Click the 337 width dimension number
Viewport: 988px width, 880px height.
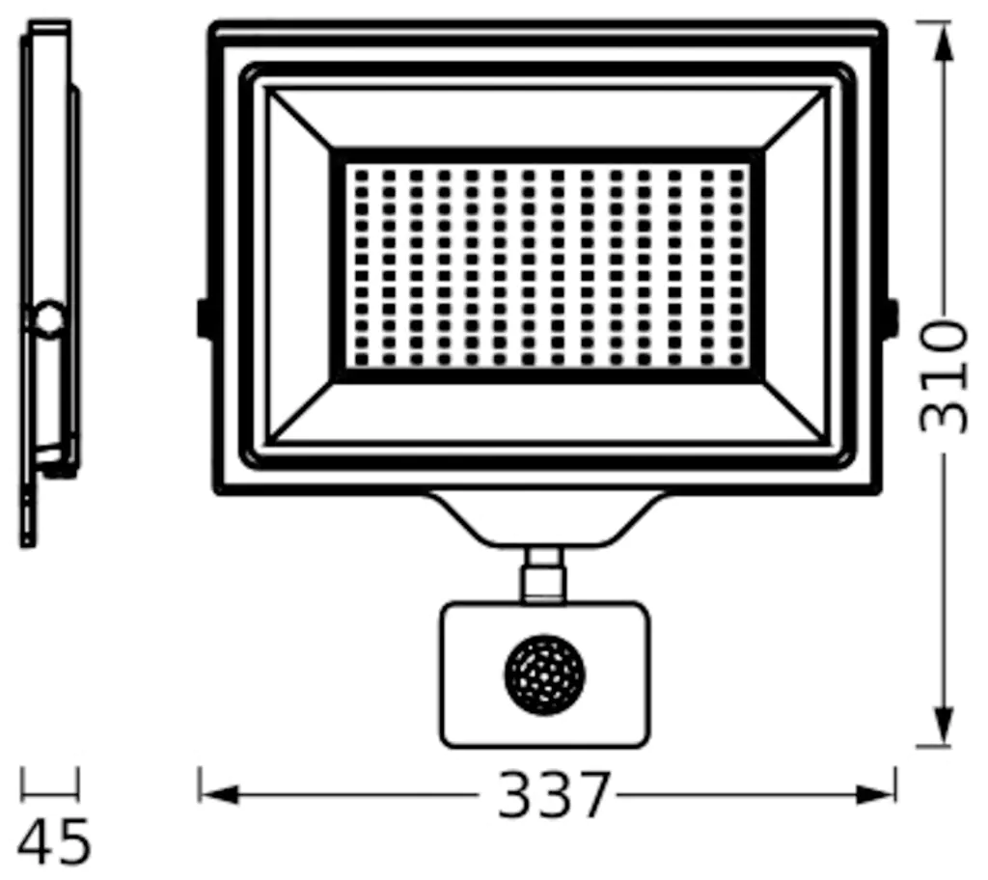(554, 795)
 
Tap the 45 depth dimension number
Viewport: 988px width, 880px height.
(55, 841)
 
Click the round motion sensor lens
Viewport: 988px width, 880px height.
(544, 674)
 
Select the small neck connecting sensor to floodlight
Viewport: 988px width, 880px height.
(544, 575)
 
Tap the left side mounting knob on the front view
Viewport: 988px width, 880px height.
(204, 318)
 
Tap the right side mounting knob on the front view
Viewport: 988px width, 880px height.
(891, 318)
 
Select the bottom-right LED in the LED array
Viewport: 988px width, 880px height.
(736, 359)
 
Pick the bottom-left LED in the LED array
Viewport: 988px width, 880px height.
(361, 359)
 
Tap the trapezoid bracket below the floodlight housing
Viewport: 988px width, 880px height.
(546, 519)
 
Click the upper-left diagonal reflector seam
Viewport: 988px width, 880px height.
(300, 120)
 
